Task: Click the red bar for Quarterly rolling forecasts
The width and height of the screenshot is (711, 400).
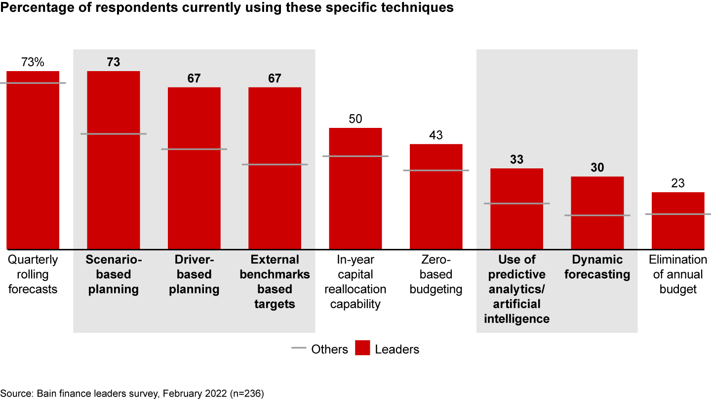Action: point(33,163)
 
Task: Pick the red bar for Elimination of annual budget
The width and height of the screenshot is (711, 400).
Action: point(678,227)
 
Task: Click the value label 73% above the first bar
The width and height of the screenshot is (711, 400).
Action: point(33,62)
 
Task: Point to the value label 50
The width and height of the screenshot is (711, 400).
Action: point(355,119)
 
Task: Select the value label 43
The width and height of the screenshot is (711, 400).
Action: point(436,135)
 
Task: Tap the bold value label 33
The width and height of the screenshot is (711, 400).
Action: point(516,160)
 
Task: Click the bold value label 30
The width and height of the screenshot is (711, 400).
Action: point(597,168)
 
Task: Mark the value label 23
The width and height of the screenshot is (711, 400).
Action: point(678,184)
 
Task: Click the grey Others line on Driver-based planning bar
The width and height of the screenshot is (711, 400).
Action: point(194,149)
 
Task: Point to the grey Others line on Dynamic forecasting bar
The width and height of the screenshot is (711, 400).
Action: point(597,215)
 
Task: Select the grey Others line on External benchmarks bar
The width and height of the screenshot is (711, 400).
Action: point(275,164)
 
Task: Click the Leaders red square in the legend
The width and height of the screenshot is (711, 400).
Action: point(362,349)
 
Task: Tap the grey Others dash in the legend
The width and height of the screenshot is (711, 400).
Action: point(299,349)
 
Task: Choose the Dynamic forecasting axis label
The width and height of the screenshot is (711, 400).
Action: point(597,267)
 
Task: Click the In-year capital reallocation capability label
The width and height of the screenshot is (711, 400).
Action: point(355,282)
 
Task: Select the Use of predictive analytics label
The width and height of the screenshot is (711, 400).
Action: point(516,289)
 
